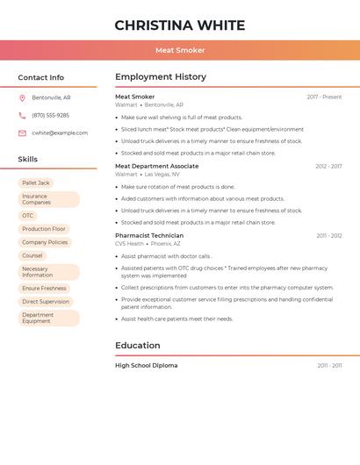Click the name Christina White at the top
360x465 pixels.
pyautogui.click(x=180, y=25)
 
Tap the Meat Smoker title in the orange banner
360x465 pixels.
pyautogui.click(x=180, y=50)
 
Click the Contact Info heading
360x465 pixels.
pyautogui.click(x=41, y=77)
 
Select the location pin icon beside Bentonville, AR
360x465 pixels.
pyautogui.click(x=22, y=98)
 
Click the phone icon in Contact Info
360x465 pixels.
pyautogui.click(x=22, y=116)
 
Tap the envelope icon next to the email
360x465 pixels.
pyautogui.click(x=22, y=133)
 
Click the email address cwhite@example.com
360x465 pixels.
pyautogui.click(x=60, y=133)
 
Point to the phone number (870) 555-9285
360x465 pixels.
pyautogui.click(x=50, y=116)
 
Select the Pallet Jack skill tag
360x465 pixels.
pyautogui.click(x=36, y=183)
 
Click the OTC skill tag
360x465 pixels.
pyautogui.click(x=28, y=216)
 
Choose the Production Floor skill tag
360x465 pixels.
pyautogui.click(x=44, y=229)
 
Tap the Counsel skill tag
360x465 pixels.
pyautogui.click(x=32, y=255)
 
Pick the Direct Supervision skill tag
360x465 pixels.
pyautogui.click(x=46, y=302)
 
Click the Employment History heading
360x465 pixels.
pyautogui.click(x=161, y=77)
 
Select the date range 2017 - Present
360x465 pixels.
pyautogui.click(x=324, y=97)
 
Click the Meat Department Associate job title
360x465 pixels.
pyautogui.click(x=156, y=166)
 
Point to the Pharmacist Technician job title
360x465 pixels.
pyautogui.click(x=149, y=235)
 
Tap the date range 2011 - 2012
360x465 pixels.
pyautogui.click(x=329, y=236)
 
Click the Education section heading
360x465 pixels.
pyautogui.click(x=138, y=346)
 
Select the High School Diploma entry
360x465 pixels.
pyautogui.click(x=146, y=365)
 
